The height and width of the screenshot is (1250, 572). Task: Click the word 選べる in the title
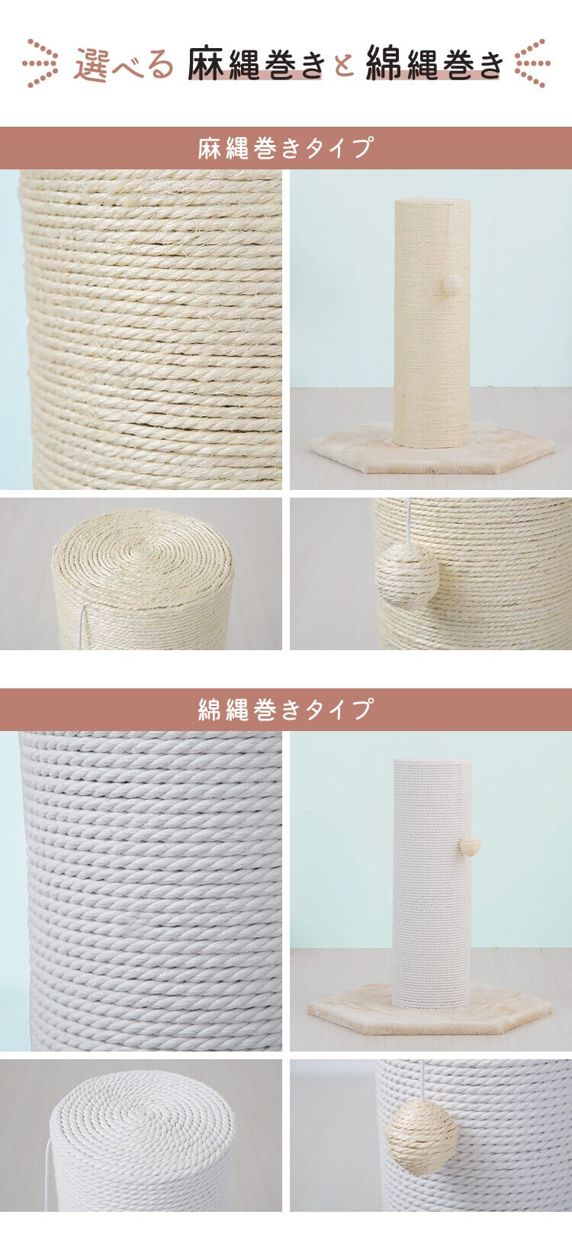(x=124, y=64)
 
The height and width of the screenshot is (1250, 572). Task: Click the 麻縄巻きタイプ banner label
(x=286, y=147)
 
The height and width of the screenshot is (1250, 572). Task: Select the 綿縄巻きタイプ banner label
(x=286, y=709)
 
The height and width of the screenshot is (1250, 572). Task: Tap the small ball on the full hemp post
(x=454, y=284)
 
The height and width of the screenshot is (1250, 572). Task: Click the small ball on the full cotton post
(x=469, y=845)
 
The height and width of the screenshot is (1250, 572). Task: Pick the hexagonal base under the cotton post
(x=430, y=1013)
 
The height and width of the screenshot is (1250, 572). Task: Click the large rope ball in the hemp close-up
(x=407, y=575)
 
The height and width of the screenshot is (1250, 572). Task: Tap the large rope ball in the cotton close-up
(x=422, y=1137)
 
